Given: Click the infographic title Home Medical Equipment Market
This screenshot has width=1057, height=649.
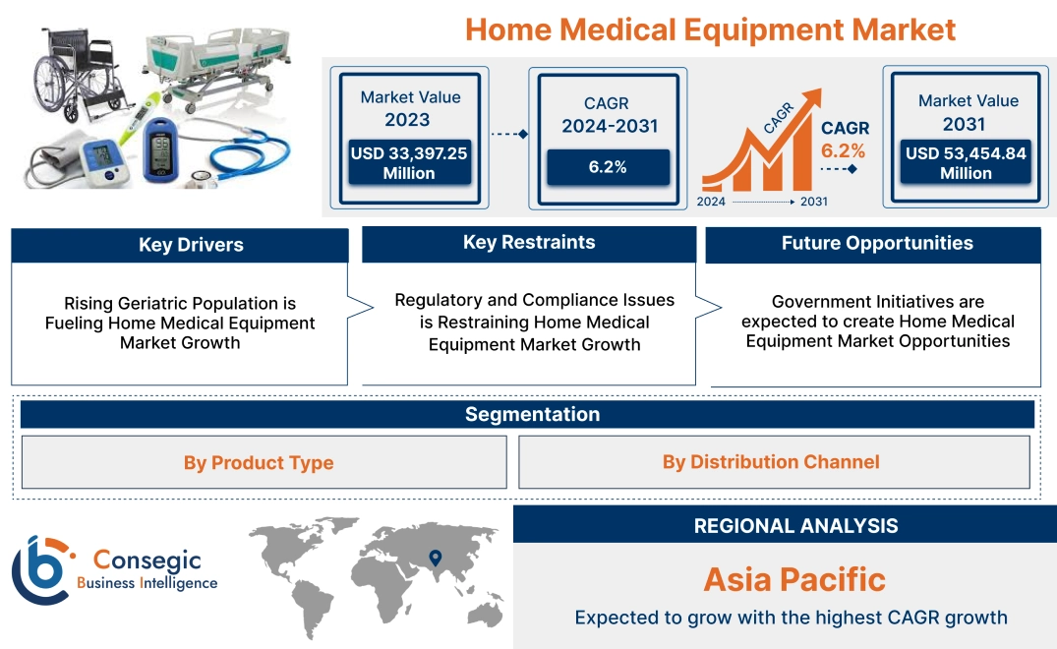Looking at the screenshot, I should click(x=710, y=29).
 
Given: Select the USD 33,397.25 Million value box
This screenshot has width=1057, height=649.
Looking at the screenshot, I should click(x=408, y=163).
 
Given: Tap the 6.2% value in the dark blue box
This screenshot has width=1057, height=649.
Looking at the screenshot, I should click(x=608, y=167).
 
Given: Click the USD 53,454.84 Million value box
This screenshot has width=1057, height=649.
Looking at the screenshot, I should click(x=966, y=163).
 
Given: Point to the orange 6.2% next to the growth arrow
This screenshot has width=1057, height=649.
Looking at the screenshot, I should click(x=843, y=150).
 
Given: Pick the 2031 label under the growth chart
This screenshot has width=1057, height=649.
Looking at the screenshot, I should click(x=813, y=202).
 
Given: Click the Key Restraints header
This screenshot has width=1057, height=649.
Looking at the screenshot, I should click(x=529, y=243).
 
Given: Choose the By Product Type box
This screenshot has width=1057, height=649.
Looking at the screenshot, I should click(x=259, y=462).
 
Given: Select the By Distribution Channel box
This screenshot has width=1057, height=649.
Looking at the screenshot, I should click(x=771, y=461).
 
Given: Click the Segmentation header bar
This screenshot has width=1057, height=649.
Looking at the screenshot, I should click(x=532, y=414).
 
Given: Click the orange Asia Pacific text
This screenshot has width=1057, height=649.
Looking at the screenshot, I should click(x=794, y=579).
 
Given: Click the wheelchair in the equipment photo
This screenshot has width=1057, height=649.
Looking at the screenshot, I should click(x=78, y=74).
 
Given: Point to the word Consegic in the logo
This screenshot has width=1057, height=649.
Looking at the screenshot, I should click(x=147, y=560).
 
